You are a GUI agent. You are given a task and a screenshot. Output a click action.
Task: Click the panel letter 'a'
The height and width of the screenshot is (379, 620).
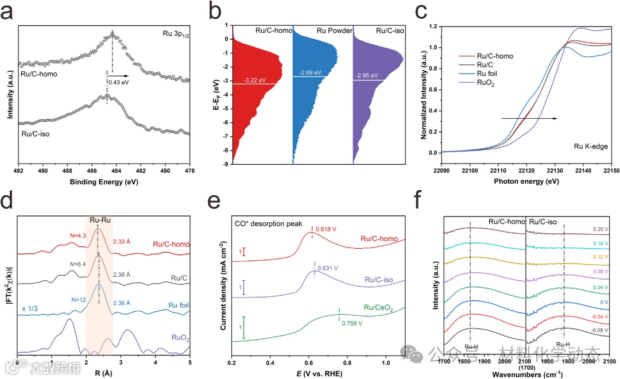[9, 12]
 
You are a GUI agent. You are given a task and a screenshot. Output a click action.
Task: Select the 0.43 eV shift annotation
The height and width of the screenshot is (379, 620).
[118, 82]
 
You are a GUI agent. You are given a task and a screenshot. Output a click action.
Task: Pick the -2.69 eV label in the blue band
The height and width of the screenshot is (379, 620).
[310, 72]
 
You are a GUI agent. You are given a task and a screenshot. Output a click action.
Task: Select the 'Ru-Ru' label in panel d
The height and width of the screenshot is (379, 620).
[99, 218]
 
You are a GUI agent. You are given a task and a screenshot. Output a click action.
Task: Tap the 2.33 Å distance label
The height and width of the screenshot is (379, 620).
[123, 242]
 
